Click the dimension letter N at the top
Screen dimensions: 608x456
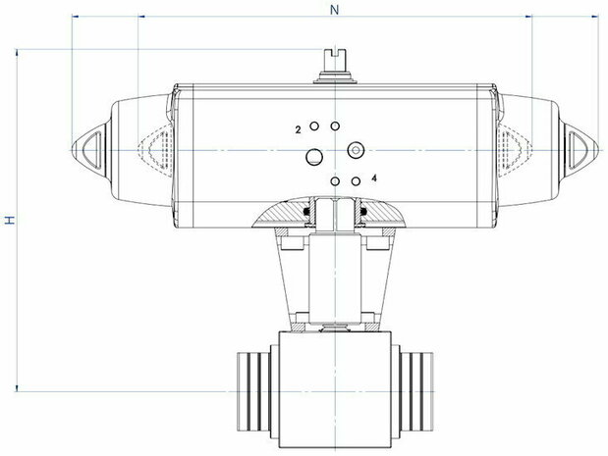(x=334, y=10)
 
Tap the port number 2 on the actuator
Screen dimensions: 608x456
(x=298, y=130)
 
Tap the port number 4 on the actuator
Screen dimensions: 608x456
(x=374, y=178)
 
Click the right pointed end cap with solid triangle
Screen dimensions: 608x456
(x=580, y=150)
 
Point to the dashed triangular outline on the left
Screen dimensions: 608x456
(x=155, y=149)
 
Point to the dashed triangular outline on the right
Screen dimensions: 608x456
(x=515, y=150)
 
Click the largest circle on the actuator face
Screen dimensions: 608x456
(x=314, y=157)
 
